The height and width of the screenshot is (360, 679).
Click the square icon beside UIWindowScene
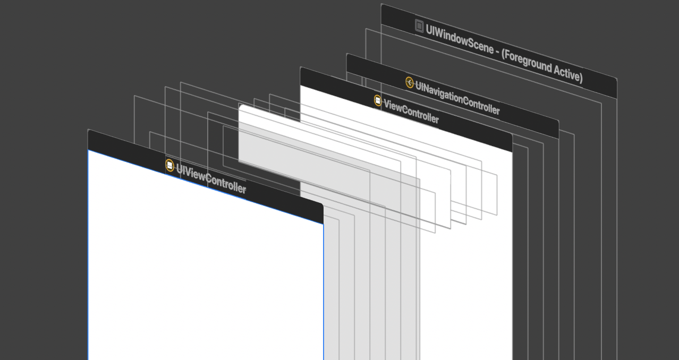[419, 26]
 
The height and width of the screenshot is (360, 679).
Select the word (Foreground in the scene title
[526, 60]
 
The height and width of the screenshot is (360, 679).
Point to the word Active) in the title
[568, 74]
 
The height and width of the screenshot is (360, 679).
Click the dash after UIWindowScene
[497, 51]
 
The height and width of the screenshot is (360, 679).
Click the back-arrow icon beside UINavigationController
[410, 82]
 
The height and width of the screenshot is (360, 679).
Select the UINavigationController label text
[457, 98]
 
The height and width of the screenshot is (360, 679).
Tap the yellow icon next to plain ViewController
[377, 100]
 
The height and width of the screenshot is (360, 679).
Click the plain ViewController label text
[411, 111]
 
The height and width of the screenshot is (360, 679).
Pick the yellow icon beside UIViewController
[170, 166]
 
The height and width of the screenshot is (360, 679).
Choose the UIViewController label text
[211, 179]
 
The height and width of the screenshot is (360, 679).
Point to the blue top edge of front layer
[206, 187]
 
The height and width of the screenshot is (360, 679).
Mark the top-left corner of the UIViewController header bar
[88, 130]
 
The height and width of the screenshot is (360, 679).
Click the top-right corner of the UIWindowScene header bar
[616, 79]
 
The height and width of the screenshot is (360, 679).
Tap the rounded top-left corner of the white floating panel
[240, 106]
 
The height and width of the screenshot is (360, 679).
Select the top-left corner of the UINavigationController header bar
[347, 54]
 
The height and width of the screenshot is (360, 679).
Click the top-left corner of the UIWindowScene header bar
[381, 4]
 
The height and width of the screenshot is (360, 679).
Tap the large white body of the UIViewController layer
[206, 273]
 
